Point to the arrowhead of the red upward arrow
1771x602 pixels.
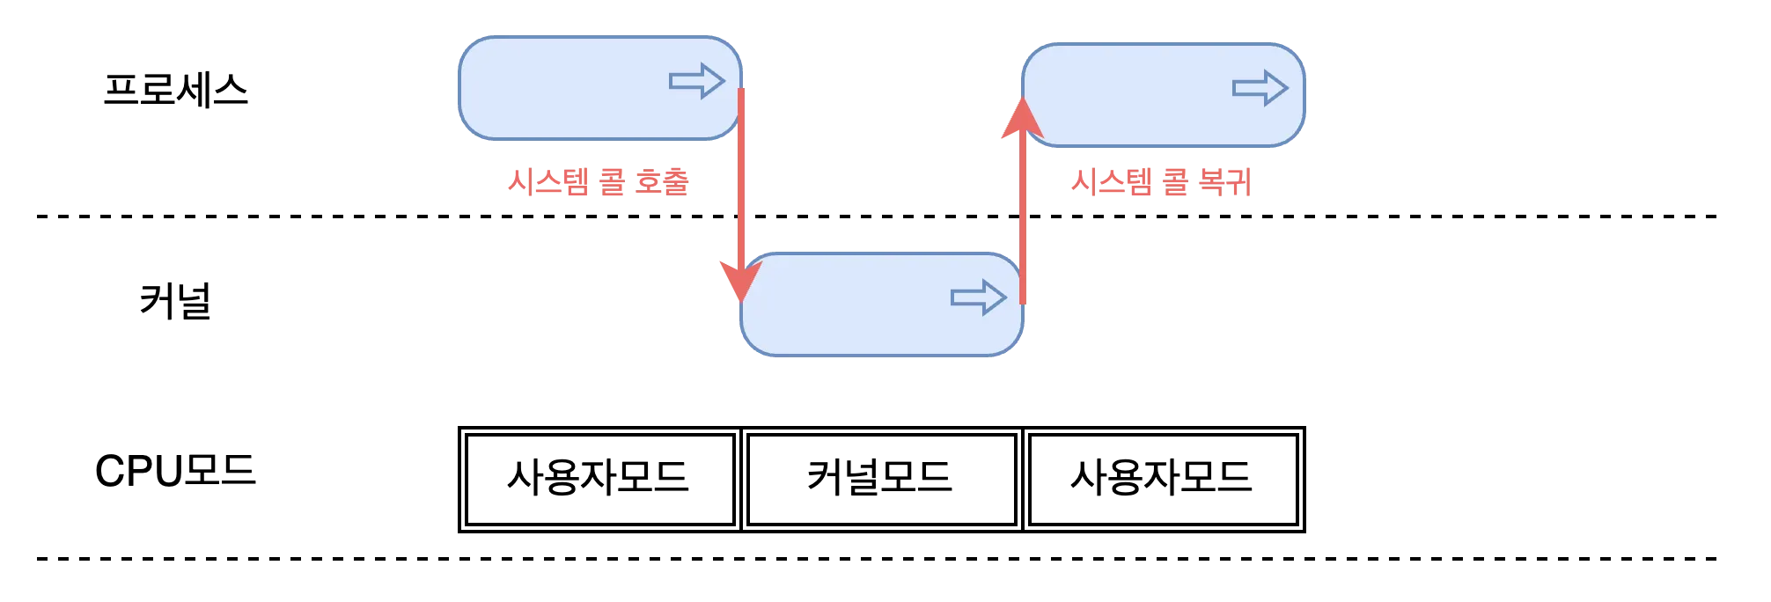tap(1022, 120)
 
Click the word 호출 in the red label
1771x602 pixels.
tap(661, 182)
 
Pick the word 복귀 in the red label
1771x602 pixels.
tap(1224, 182)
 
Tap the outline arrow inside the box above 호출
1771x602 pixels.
tap(696, 81)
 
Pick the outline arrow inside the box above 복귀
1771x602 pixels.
tap(1260, 88)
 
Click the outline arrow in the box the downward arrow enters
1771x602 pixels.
tap(978, 298)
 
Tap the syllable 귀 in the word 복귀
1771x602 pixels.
tap(1238, 182)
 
